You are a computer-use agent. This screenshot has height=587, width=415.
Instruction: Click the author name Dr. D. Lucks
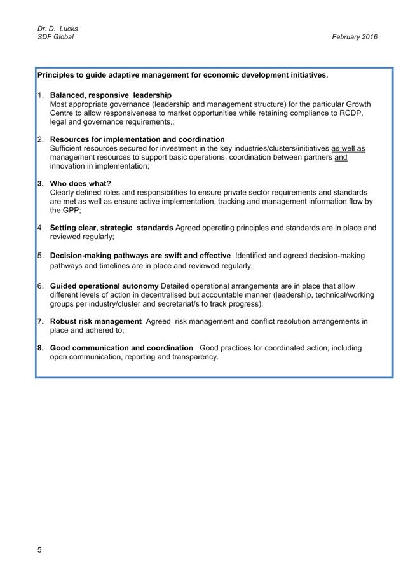(x=57, y=29)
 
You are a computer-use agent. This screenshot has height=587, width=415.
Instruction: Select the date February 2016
(x=354, y=37)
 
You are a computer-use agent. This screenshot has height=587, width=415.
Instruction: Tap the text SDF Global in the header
(x=55, y=37)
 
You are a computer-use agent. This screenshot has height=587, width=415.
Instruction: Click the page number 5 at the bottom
(x=39, y=550)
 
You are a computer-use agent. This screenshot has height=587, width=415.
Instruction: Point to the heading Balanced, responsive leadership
(x=111, y=95)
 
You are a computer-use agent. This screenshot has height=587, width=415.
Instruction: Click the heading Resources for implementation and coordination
(x=137, y=139)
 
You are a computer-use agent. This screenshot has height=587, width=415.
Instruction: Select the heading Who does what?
(x=80, y=183)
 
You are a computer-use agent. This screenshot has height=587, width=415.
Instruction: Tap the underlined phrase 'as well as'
(x=348, y=148)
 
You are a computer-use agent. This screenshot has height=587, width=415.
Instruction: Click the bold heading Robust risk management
(x=95, y=321)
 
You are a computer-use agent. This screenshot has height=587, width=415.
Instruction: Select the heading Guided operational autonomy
(x=104, y=286)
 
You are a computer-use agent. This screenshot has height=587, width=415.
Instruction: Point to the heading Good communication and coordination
(x=121, y=348)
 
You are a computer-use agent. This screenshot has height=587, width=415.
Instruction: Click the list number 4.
(x=41, y=227)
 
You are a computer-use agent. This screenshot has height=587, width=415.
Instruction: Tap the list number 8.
(x=41, y=348)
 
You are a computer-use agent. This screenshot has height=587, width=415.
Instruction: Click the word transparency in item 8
(x=194, y=357)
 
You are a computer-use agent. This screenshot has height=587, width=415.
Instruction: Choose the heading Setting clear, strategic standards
(x=111, y=227)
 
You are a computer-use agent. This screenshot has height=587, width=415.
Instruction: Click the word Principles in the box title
(x=56, y=75)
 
